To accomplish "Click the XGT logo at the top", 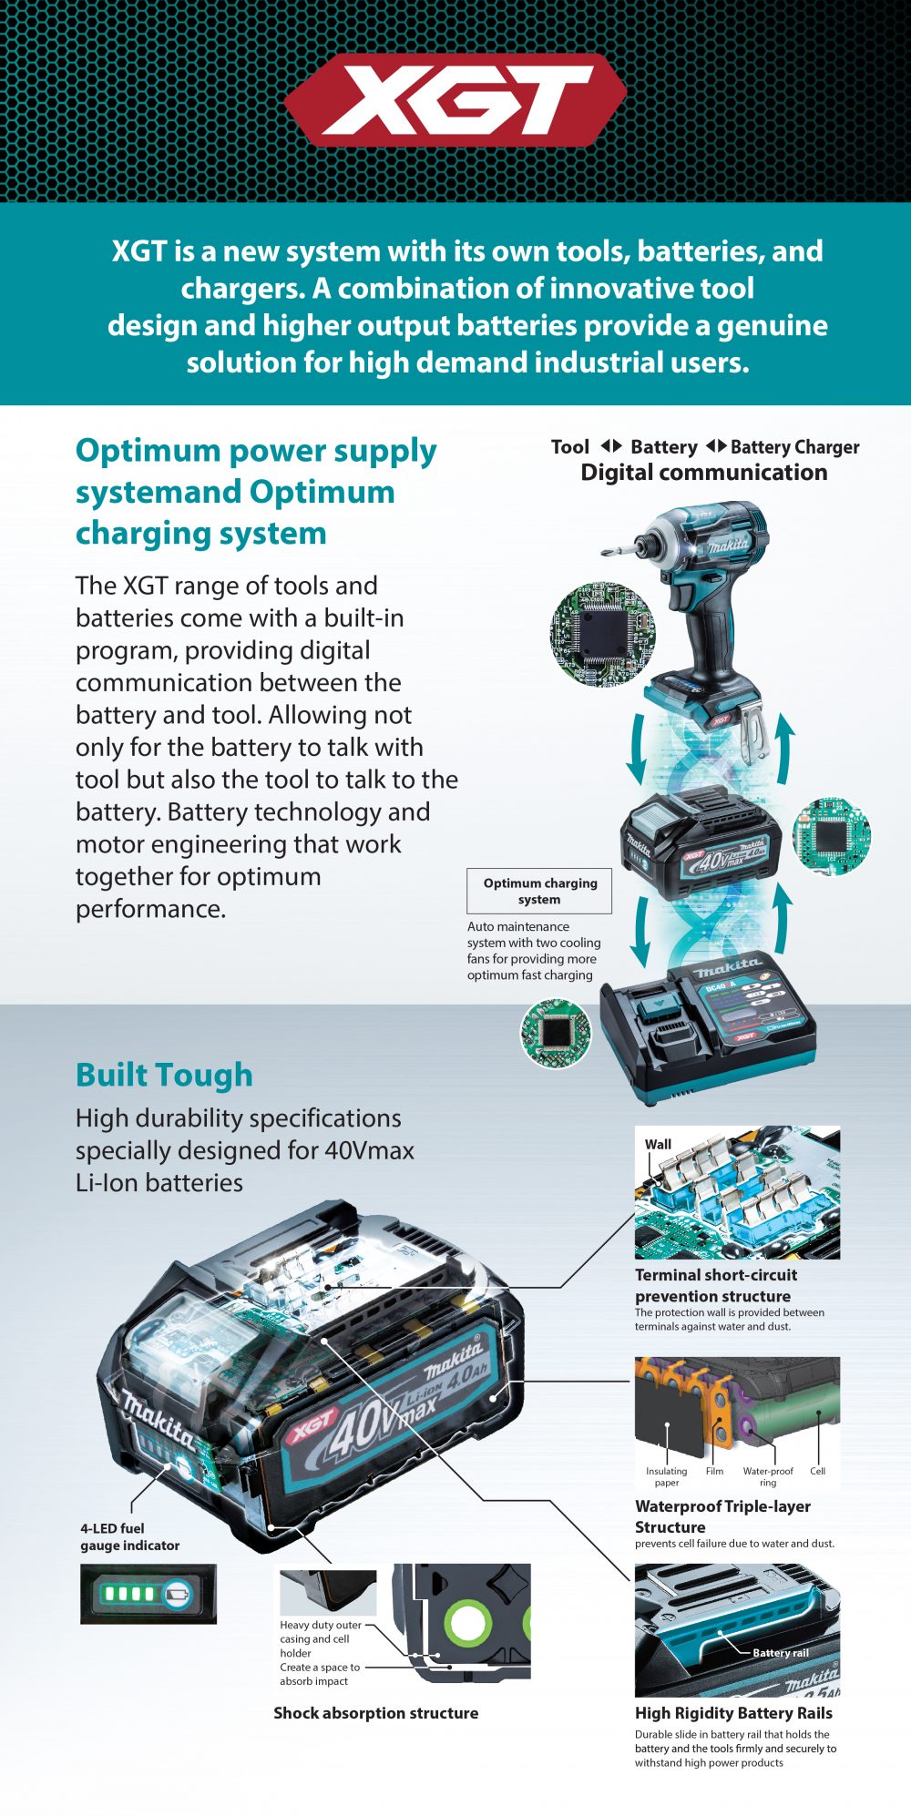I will pyautogui.click(x=455, y=100).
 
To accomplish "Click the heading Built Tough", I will pyautogui.click(x=164, y=1075).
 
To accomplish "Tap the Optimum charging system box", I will pyautogui.click(x=539, y=891).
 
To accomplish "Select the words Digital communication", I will pyautogui.click(x=704, y=473).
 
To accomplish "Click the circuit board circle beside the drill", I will pyautogui.click(x=602, y=635).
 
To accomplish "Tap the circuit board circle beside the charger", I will pyautogui.click(x=555, y=1033).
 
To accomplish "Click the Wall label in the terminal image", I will pyautogui.click(x=658, y=1145).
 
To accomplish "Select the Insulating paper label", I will pyautogui.click(x=667, y=1476).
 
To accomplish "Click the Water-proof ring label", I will pyautogui.click(x=768, y=1476).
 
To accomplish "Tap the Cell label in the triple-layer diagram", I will pyautogui.click(x=818, y=1471).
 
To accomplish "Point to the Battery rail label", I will pyautogui.click(x=781, y=1652).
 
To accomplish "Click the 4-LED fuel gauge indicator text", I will pyautogui.click(x=129, y=1536).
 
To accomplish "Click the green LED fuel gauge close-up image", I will pyautogui.click(x=148, y=1594).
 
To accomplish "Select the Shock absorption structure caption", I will pyautogui.click(x=375, y=1713).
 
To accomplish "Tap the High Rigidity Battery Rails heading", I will pyautogui.click(x=733, y=1713).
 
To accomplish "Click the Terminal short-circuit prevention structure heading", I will pyautogui.click(x=715, y=1285).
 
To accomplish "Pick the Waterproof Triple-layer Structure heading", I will pyautogui.click(x=722, y=1516).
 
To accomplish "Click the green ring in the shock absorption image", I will pyautogui.click(x=467, y=1622).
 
